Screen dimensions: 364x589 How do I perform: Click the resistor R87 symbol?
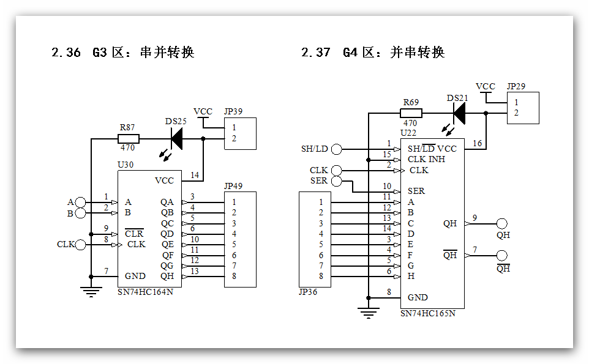128,138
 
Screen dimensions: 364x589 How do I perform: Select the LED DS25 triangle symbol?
176,138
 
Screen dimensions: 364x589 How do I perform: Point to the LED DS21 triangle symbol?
459,113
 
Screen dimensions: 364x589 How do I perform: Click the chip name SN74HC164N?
145,292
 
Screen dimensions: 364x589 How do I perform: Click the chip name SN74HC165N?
428,313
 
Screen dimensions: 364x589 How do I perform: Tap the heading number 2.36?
66,53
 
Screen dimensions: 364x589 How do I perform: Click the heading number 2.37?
316,53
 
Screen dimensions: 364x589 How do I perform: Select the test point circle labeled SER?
337,180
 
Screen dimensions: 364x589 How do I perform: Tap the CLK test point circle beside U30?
80,245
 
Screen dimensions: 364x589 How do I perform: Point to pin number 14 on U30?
195,176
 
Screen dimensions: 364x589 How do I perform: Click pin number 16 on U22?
478,144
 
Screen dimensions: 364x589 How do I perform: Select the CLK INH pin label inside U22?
427,160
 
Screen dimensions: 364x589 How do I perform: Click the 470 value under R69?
410,124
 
